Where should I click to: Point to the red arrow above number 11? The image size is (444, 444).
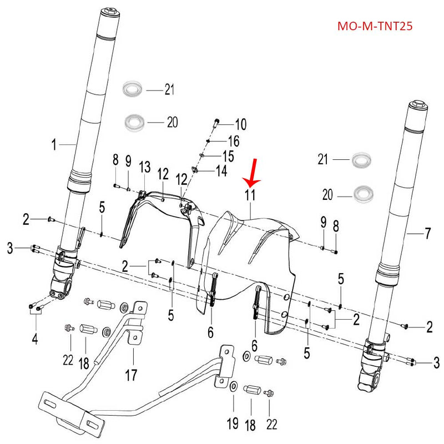click(x=253, y=172)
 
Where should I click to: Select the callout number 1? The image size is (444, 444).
click(x=54, y=145)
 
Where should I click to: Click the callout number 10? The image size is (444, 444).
click(x=240, y=123)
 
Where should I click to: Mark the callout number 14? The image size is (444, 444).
click(x=221, y=171)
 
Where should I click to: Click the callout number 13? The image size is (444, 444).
click(x=145, y=167)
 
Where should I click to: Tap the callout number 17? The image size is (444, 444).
click(x=130, y=375)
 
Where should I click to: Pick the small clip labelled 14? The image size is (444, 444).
click(x=195, y=170)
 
